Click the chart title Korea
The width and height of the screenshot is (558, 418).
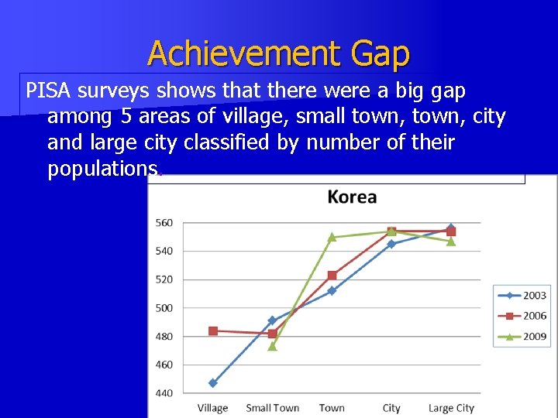pyautogui.click(x=352, y=197)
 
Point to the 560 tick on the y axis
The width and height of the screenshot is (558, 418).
pyautogui.click(x=164, y=223)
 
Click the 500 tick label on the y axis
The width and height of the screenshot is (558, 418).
pyautogui.click(x=164, y=308)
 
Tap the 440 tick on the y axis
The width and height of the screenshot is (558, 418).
pyautogui.click(x=164, y=393)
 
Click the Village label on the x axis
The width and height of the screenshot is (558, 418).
pyautogui.click(x=212, y=408)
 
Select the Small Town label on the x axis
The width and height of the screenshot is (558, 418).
pyautogui.click(x=272, y=408)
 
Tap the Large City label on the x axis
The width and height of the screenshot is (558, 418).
pyautogui.click(x=451, y=408)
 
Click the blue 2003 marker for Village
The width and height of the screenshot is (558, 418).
pyautogui.click(x=212, y=383)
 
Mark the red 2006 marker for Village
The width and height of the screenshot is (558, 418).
pyautogui.click(x=212, y=331)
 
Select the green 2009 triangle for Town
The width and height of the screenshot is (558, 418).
pyautogui.click(x=332, y=237)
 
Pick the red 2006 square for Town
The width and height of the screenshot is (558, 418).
pyautogui.click(x=332, y=275)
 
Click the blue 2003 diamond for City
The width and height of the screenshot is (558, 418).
pyautogui.click(x=391, y=244)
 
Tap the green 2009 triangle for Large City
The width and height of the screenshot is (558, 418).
pyautogui.click(x=451, y=242)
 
